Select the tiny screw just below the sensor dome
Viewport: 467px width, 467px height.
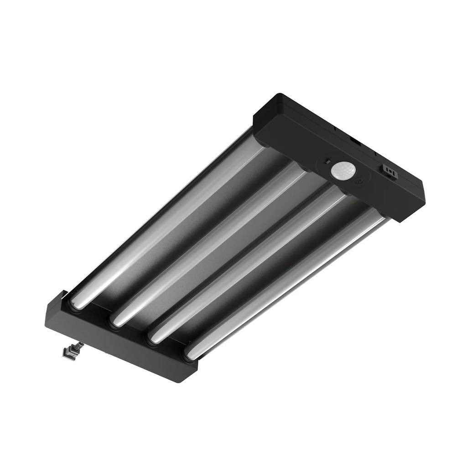(x=359, y=181)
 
